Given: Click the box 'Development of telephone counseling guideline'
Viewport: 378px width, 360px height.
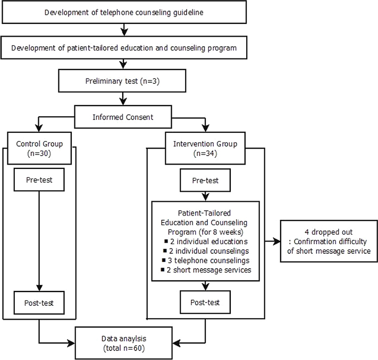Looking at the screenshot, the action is click(x=124, y=12).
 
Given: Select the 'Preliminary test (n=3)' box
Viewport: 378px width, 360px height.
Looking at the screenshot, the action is click(x=122, y=81).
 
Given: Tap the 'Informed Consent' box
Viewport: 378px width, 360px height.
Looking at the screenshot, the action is click(x=123, y=117).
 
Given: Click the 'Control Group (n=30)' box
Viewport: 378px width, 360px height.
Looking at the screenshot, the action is click(x=39, y=148).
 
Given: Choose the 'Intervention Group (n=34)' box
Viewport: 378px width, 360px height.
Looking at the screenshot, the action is click(x=205, y=148).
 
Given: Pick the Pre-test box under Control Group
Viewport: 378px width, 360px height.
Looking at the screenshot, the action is click(x=39, y=179).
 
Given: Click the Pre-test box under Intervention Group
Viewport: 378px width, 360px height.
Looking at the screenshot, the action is click(x=205, y=180).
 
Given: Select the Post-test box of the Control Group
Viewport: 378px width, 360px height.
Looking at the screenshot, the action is click(x=39, y=303).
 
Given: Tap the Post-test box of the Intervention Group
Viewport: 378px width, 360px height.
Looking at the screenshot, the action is click(x=205, y=302).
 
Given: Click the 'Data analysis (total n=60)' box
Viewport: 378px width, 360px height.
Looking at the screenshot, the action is click(x=124, y=343).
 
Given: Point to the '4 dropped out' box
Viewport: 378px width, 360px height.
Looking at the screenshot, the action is click(x=329, y=241).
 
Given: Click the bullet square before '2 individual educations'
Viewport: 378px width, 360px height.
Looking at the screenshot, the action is click(x=166, y=241).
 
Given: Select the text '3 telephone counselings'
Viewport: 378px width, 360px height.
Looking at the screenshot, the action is click(x=209, y=260).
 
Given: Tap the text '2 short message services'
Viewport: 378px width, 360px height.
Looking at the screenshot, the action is click(x=209, y=270).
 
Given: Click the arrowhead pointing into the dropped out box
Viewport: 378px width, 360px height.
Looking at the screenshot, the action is click(x=277, y=241).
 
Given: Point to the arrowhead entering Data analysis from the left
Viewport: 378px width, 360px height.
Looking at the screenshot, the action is click(x=71, y=343).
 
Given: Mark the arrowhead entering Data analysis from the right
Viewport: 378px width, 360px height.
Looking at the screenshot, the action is click(x=177, y=343).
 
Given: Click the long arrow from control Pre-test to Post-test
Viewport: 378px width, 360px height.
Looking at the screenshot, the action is click(x=39, y=241).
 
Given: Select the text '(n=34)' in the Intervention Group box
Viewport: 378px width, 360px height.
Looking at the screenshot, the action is click(x=205, y=153).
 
